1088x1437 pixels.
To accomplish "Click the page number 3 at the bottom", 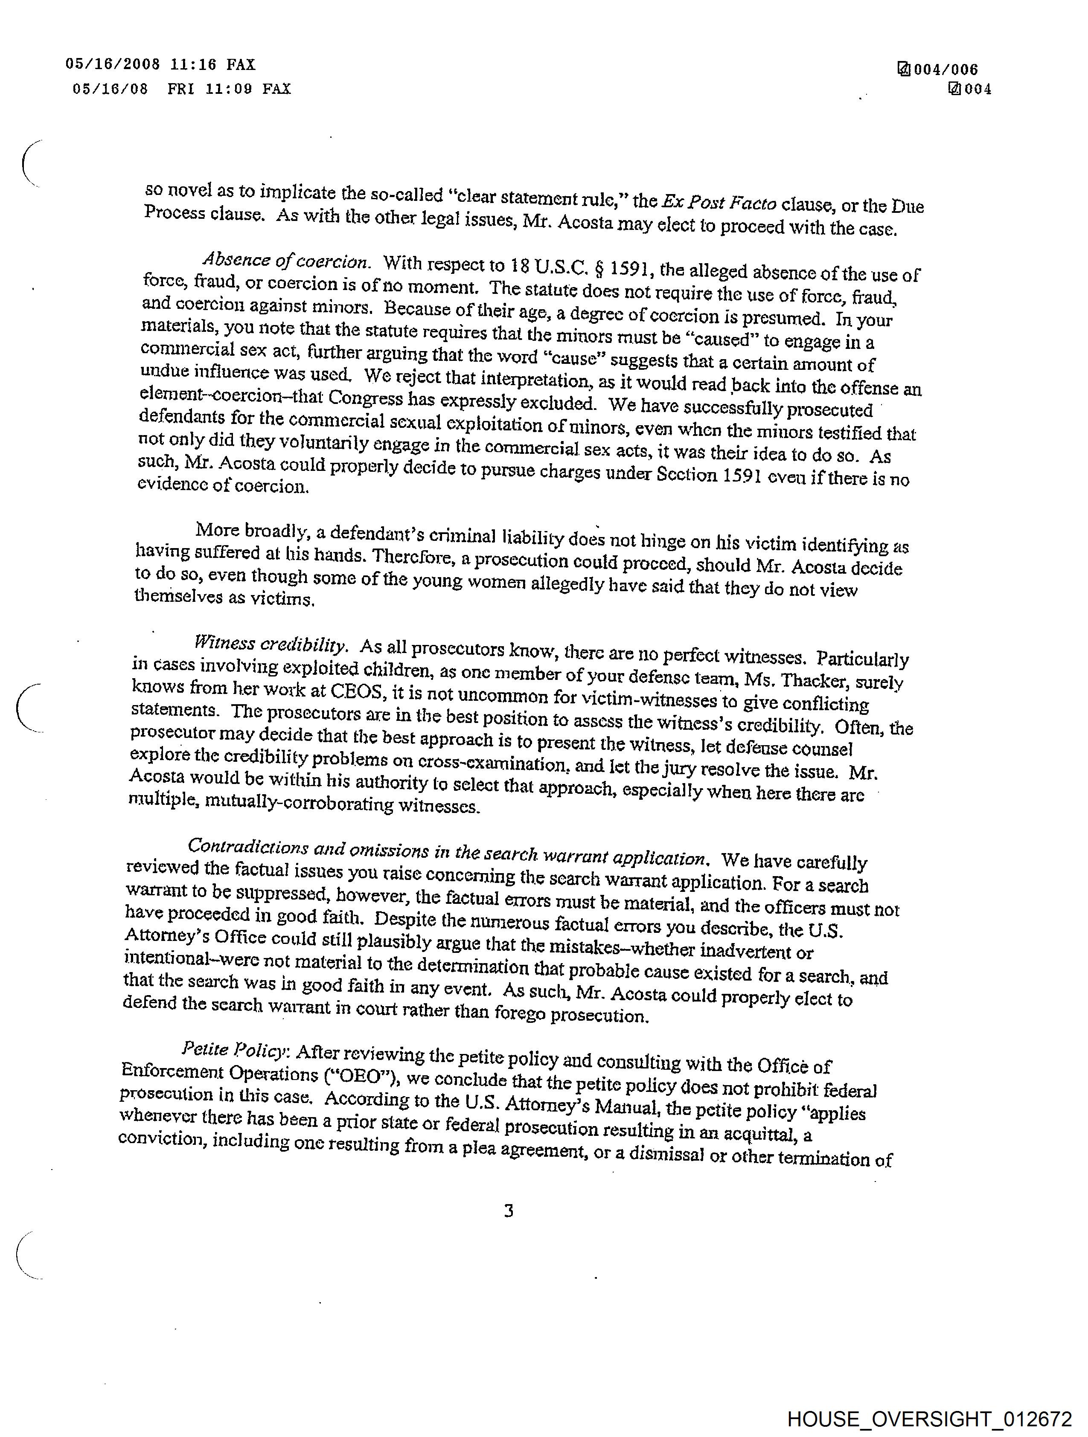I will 509,1210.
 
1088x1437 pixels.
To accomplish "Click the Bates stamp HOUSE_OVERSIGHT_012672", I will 929,1418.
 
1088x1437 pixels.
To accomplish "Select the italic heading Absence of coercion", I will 287,261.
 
